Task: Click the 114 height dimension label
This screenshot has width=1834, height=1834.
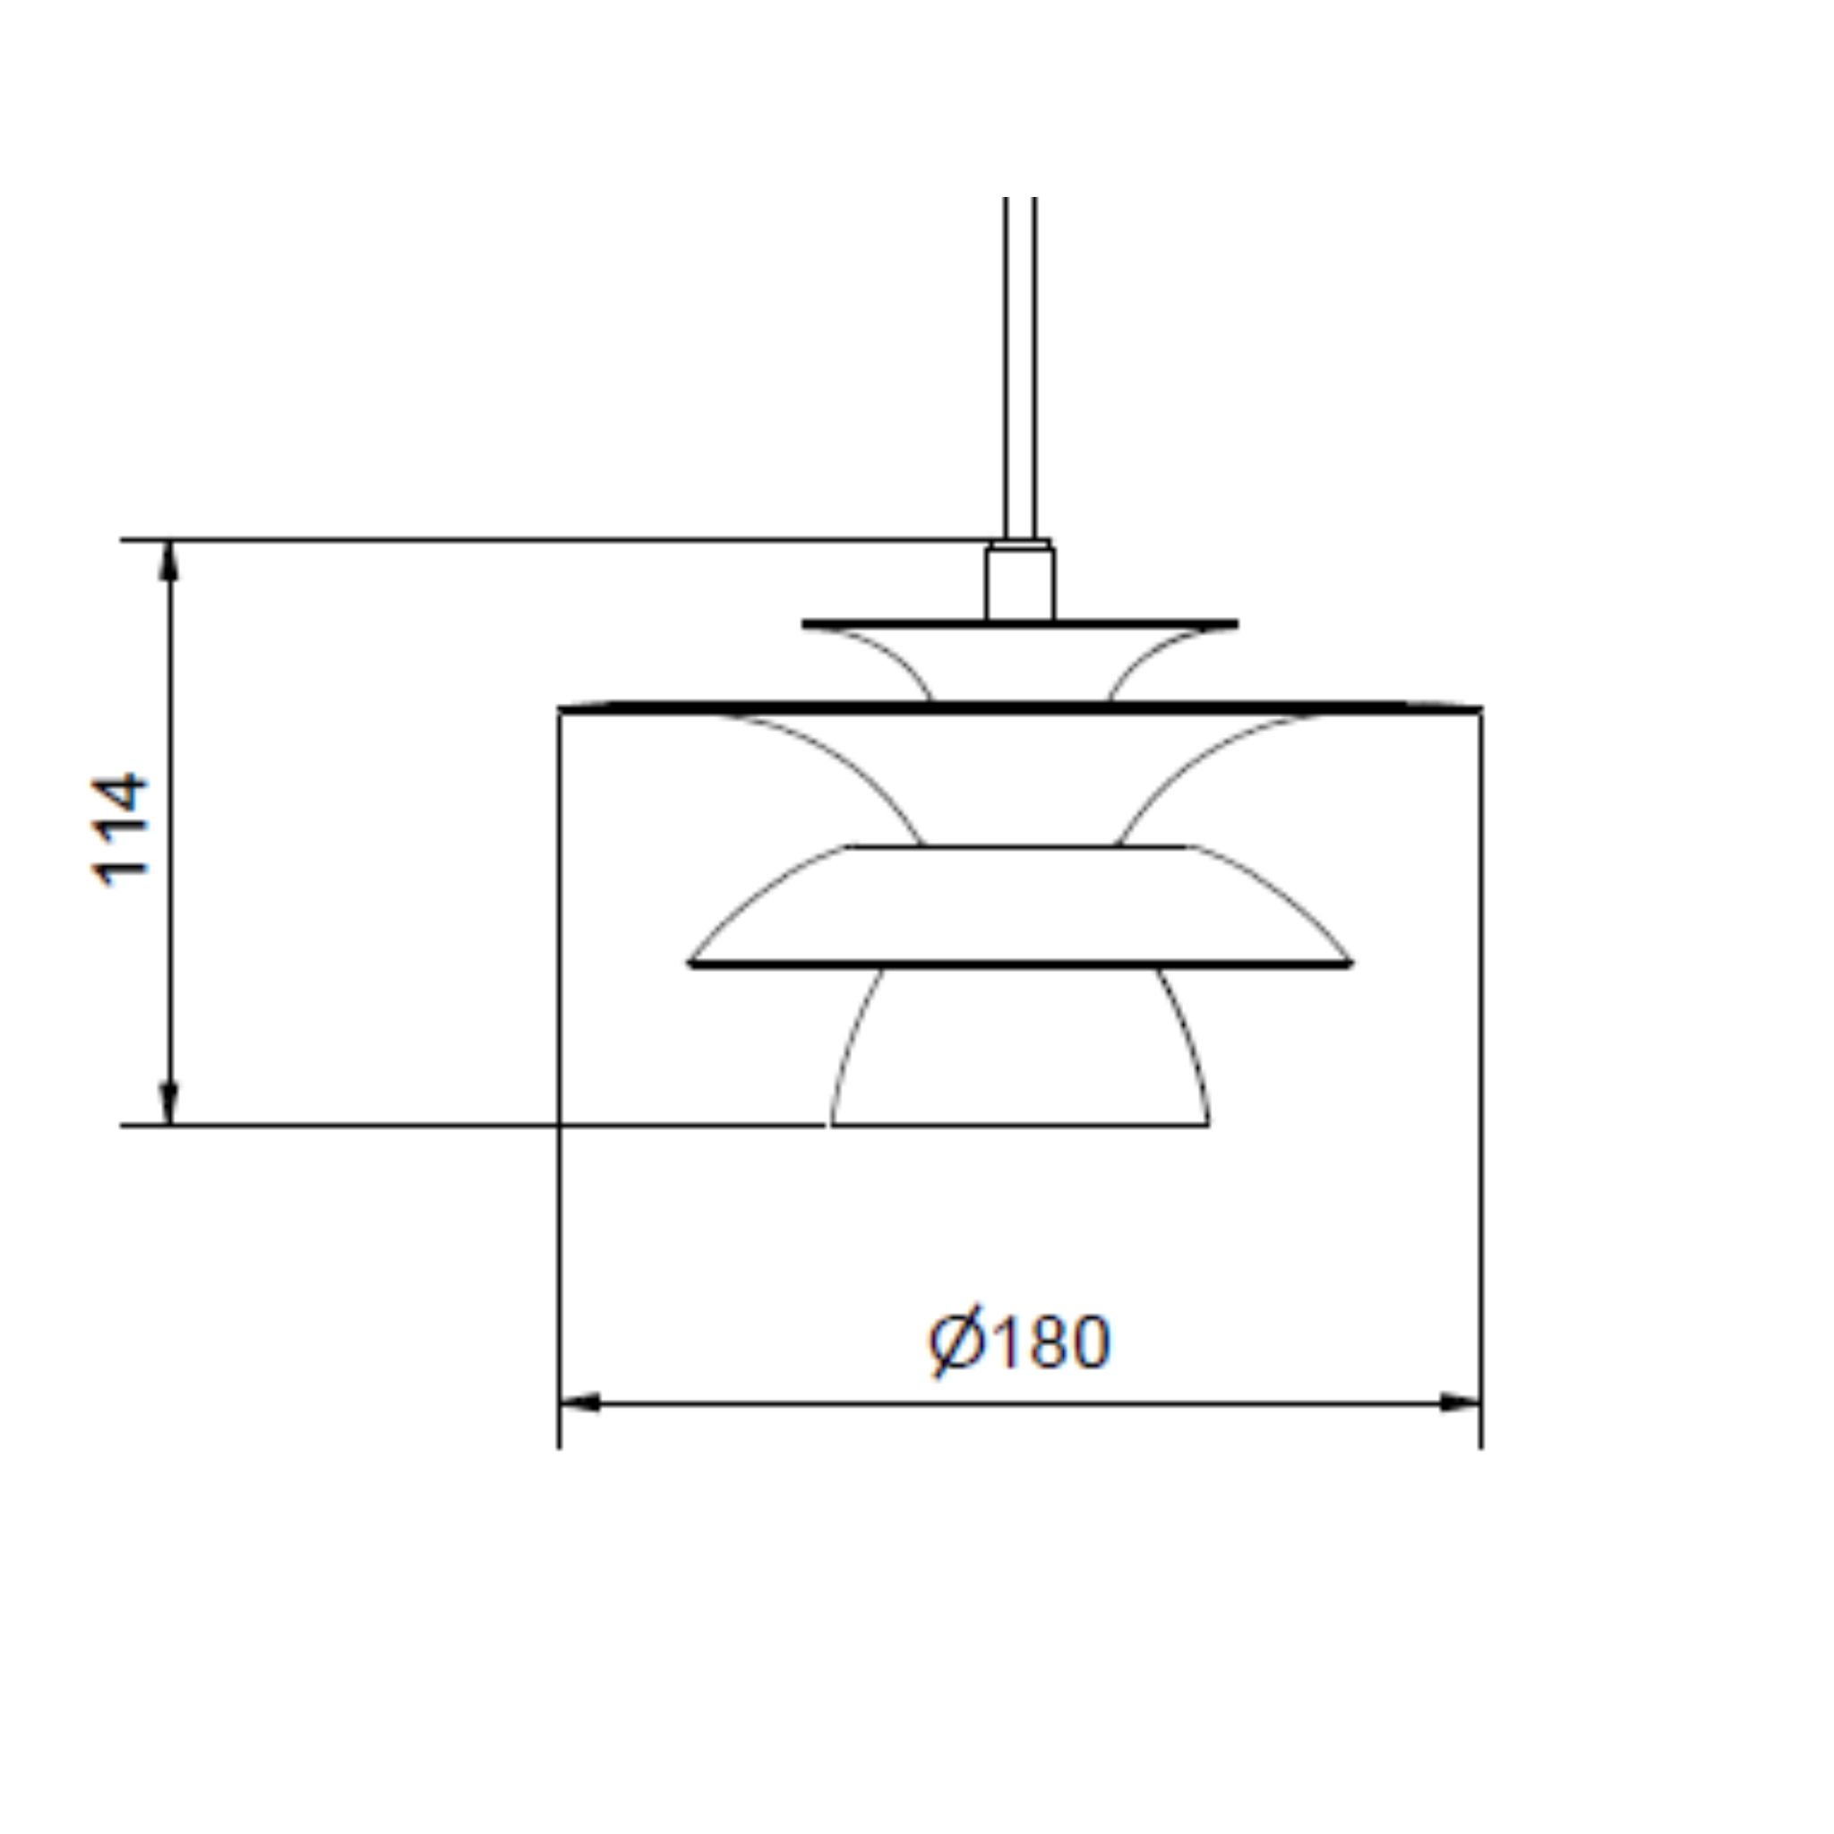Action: click(x=120, y=829)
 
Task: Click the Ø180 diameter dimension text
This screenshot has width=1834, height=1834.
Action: click(x=1019, y=1341)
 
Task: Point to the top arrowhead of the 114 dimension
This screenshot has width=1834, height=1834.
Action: click(x=169, y=560)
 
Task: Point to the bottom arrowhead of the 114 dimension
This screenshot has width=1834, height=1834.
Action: click(x=169, y=1103)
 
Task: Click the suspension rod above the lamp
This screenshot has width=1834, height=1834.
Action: click(x=1019, y=367)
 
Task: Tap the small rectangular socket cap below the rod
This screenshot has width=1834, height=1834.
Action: click(x=1019, y=582)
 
